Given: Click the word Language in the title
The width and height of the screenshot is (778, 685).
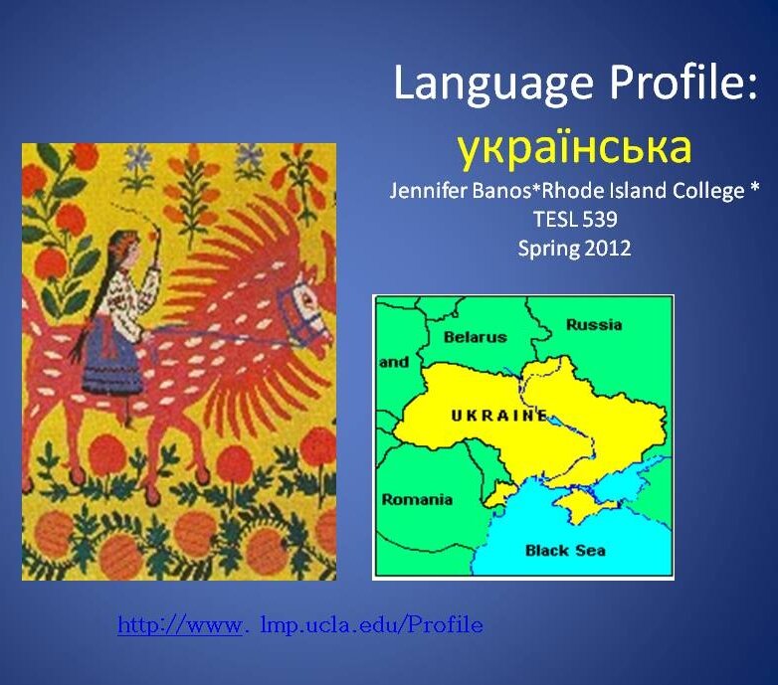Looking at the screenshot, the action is (493, 85).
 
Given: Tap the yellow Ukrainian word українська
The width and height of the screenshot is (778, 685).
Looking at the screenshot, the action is (574, 148).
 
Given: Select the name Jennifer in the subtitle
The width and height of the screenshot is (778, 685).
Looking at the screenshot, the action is (429, 190).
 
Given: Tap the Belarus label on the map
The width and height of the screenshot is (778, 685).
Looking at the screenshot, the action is (475, 337).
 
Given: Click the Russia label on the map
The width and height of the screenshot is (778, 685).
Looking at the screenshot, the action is (594, 325).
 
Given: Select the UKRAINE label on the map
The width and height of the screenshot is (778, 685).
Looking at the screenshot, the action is (499, 416).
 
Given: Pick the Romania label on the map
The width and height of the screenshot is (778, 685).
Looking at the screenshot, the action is (417, 499).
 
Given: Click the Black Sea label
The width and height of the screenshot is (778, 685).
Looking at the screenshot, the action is (565, 550).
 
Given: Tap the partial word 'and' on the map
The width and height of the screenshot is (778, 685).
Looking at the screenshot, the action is (394, 362).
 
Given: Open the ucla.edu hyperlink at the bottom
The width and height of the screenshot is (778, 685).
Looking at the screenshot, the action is (300, 625).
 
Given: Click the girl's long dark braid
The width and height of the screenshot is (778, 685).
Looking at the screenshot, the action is (95, 307).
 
